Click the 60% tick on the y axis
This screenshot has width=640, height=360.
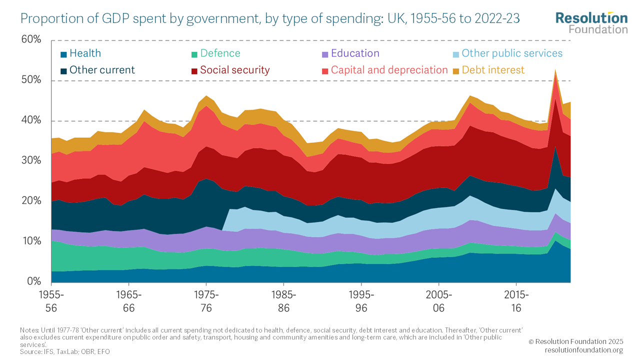[x=31, y=40]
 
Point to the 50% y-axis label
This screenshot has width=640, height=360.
[x=31, y=80]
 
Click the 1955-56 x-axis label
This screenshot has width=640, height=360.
[x=51, y=301]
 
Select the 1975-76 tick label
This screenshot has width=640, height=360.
[x=206, y=301]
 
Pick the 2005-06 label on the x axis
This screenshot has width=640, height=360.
[x=438, y=301]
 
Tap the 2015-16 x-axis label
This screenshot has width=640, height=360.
[x=516, y=301]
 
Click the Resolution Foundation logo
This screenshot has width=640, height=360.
[x=591, y=22]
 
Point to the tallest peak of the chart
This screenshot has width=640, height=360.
[x=555, y=70]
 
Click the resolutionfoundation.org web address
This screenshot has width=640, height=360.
[x=583, y=350]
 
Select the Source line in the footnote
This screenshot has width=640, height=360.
[x=65, y=352]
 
